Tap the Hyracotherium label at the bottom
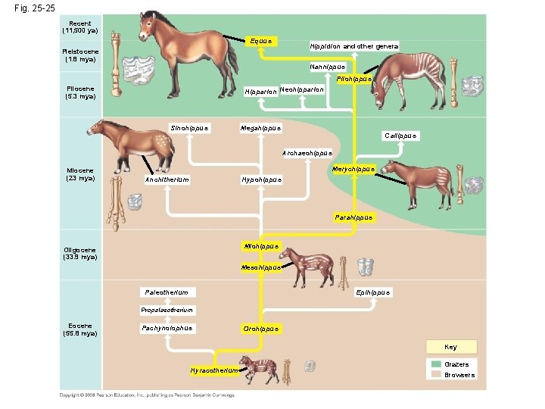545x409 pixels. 215,370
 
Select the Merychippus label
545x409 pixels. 353,168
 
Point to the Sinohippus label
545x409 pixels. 189,127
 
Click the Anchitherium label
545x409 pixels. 167,180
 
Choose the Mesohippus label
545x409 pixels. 261,267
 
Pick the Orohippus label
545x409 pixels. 260,328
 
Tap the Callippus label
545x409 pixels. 400,136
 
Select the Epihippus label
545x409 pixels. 373,292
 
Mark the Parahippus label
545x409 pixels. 353,217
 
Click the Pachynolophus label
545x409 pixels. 167,328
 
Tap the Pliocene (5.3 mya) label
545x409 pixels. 79,92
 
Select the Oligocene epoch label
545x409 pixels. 79,254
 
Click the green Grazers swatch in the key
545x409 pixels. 436,364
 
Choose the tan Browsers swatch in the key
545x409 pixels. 436,374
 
